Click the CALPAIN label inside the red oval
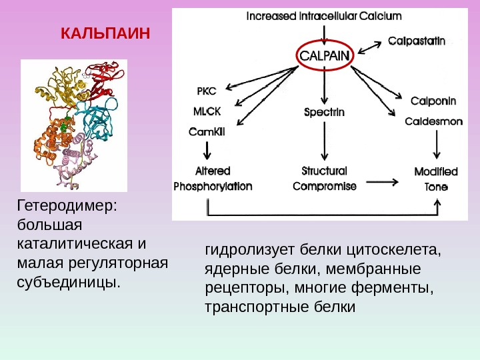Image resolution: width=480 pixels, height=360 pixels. (x=324, y=56)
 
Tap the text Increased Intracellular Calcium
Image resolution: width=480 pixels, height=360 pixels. (x=324, y=15)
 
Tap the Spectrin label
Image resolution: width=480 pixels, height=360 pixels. (x=324, y=112)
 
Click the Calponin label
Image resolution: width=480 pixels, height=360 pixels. (x=433, y=101)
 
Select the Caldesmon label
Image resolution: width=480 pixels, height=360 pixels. (x=434, y=122)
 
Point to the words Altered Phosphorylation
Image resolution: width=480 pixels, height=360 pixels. (x=213, y=179)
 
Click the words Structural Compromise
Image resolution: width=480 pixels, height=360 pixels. (x=325, y=179)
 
